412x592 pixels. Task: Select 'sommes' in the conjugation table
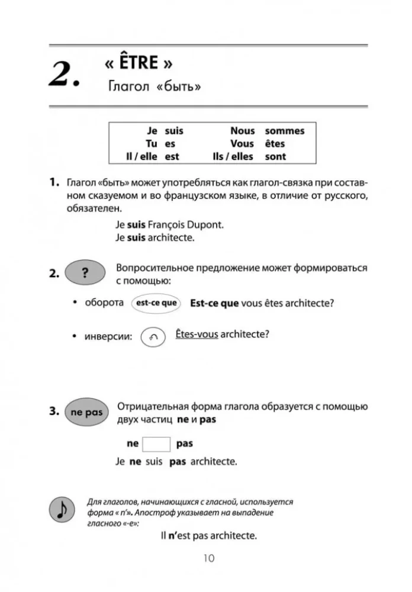(285, 131)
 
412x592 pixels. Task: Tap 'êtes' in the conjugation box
(275, 144)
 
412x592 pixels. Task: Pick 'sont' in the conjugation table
(275, 157)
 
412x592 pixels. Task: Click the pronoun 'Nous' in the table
(243, 131)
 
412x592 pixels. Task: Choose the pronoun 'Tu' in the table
(152, 144)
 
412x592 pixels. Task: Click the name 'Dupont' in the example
(209, 225)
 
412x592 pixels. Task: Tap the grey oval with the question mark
(85, 274)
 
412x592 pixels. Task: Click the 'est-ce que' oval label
(156, 303)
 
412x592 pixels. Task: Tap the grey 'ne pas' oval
(85, 413)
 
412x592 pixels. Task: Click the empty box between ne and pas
(157, 444)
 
